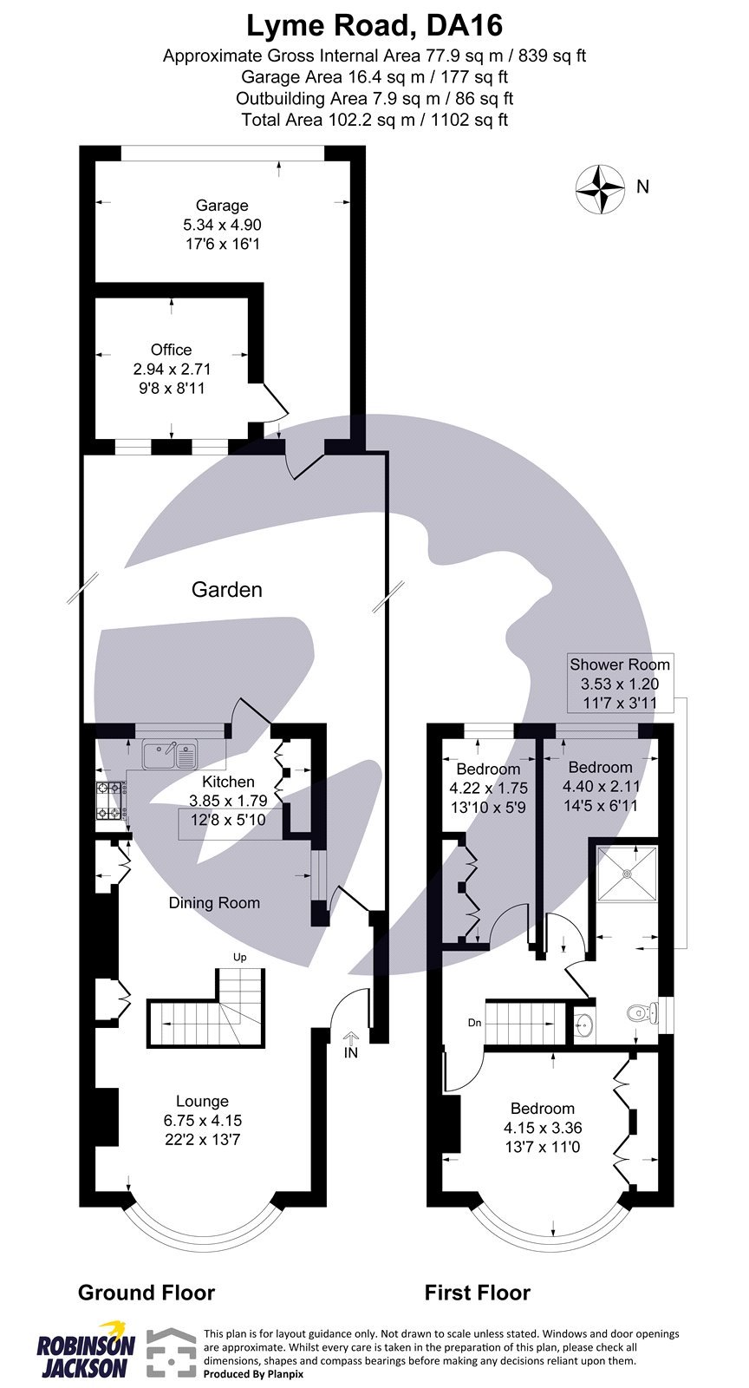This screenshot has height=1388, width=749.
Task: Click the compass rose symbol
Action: [600, 187]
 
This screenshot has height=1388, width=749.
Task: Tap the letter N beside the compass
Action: [642, 187]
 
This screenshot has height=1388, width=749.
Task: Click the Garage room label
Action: [222, 206]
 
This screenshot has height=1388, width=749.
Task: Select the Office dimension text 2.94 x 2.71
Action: [172, 369]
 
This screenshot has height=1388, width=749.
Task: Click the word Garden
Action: [226, 590]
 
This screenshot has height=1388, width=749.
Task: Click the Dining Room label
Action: [214, 903]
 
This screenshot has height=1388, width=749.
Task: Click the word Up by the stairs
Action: [240, 958]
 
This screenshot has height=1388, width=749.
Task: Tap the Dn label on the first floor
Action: [474, 1024]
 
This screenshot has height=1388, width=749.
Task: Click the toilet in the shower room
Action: [638, 1012]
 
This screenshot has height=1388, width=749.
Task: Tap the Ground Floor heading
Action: [147, 1293]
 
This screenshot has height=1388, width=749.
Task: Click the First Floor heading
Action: [477, 1293]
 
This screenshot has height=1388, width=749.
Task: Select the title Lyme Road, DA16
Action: [374, 26]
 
